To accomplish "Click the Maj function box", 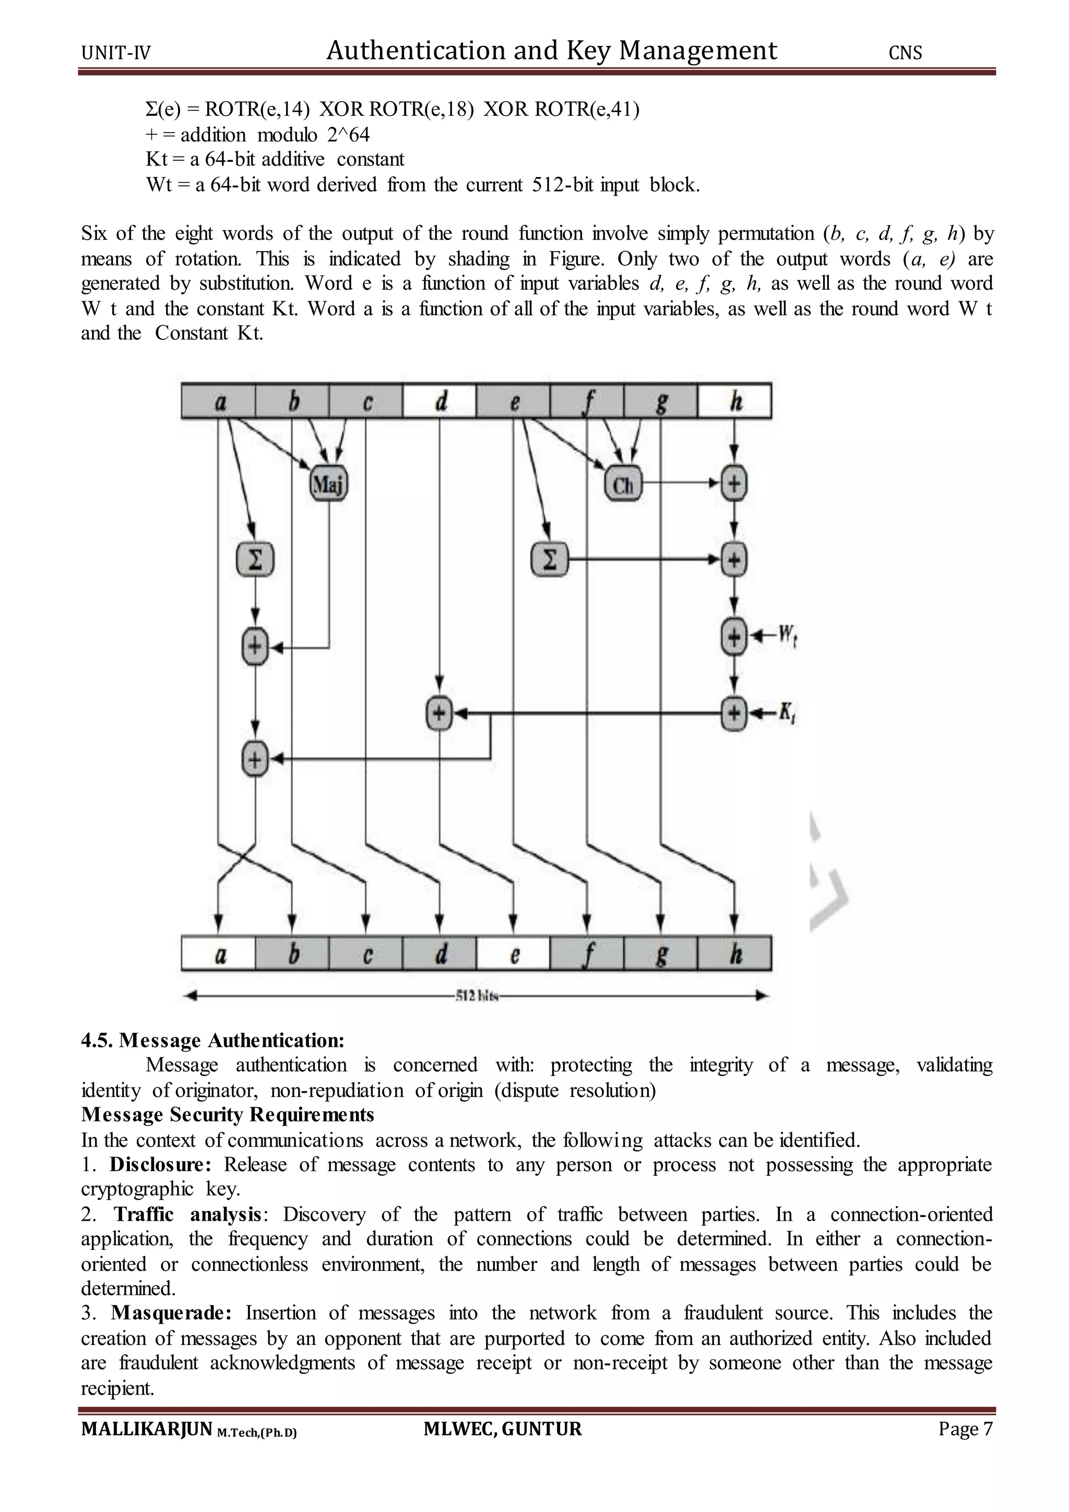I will (x=328, y=486).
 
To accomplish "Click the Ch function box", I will (x=622, y=486).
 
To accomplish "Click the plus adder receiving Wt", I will (x=734, y=636).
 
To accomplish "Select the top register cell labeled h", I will (x=734, y=401).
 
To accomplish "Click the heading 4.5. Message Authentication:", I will (x=212, y=1041).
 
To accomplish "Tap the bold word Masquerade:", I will (x=171, y=1313).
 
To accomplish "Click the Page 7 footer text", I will (x=965, y=1428).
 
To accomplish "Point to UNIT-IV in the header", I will (x=116, y=53).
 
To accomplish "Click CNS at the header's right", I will (x=905, y=53).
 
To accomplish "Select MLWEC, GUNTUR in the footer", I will (x=502, y=1428).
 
